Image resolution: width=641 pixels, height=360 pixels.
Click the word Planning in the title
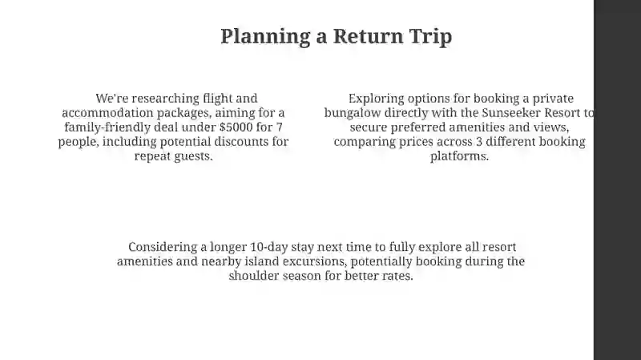[x=265, y=36]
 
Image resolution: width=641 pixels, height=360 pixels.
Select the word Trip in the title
[x=430, y=36]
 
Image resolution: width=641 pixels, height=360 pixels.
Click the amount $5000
[x=236, y=127]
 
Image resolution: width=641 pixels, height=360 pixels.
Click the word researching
[x=166, y=99]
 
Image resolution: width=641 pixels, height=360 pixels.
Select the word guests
[x=193, y=156]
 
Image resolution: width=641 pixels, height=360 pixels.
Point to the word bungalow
[x=353, y=113]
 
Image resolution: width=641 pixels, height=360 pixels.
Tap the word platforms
[x=459, y=156]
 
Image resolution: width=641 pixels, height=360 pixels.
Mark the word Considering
[x=163, y=247]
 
